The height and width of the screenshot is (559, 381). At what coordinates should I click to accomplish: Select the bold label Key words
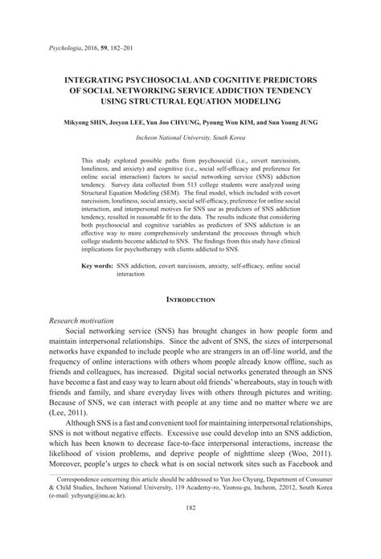coord(98,264)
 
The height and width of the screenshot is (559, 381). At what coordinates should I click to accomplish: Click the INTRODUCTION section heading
coord(190,300)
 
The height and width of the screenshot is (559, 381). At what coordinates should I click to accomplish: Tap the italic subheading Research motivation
coord(83,320)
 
